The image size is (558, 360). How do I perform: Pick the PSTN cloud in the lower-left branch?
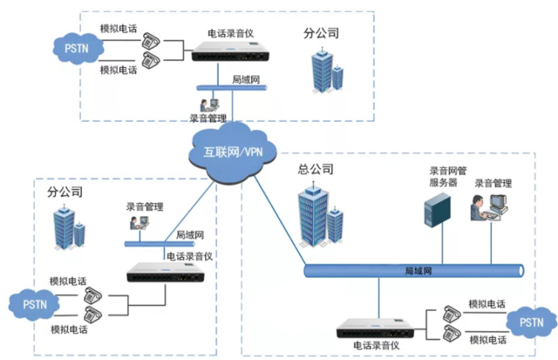[35, 304]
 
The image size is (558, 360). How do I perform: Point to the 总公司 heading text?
[315, 169]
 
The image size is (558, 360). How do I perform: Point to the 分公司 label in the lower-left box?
[65, 192]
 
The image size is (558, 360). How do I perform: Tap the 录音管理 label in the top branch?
[208, 118]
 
